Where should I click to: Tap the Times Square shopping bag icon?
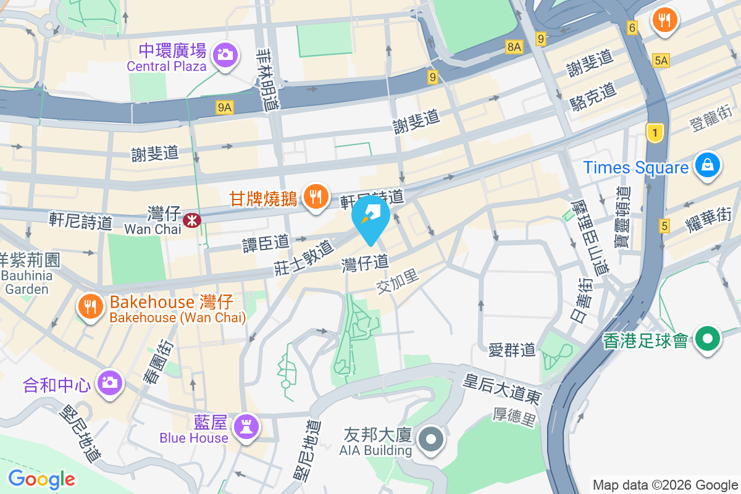[x=707, y=165]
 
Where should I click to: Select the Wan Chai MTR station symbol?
[x=191, y=218]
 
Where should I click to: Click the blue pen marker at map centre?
[x=371, y=216]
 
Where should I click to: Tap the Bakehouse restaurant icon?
[x=90, y=306]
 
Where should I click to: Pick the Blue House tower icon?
[x=246, y=426]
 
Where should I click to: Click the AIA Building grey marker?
[x=431, y=440]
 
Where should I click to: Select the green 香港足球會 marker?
[x=708, y=338]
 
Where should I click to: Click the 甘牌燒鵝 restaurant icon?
[x=316, y=197]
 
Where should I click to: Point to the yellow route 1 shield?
[x=655, y=132]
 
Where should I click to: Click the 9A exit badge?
[x=225, y=107]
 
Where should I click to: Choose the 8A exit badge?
[x=514, y=46]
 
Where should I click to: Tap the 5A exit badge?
[x=661, y=60]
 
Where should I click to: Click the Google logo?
[x=41, y=479]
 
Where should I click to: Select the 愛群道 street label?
[x=512, y=350]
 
